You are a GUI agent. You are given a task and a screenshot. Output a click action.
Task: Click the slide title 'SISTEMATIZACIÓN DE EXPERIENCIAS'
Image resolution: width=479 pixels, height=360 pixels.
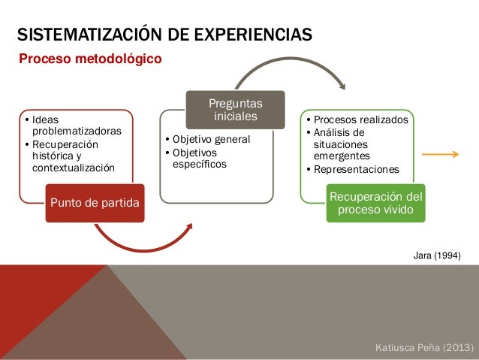click(164, 35)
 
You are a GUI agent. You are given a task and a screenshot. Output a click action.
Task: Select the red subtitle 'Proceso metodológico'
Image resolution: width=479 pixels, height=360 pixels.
click(89, 58)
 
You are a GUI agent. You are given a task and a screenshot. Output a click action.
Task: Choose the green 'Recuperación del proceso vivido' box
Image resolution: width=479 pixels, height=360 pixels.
click(375, 202)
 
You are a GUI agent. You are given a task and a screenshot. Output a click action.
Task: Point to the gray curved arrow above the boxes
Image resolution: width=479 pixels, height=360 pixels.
click(290, 71)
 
